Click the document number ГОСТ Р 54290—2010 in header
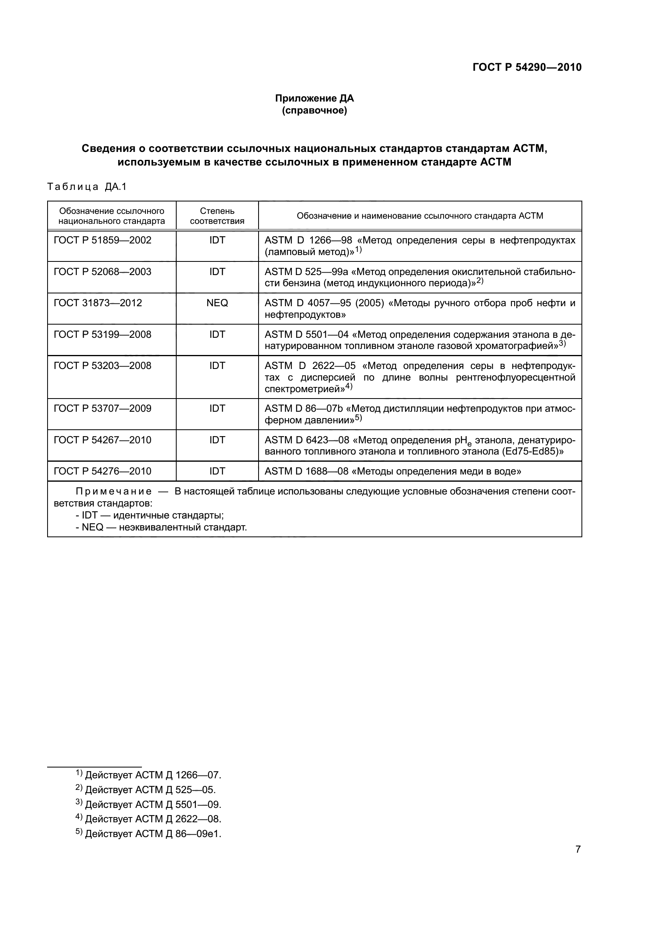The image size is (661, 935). tap(527, 67)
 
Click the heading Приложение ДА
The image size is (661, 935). tap(314, 98)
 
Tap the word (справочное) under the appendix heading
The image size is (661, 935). tap(314, 110)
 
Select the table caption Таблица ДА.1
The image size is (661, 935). tap(87, 187)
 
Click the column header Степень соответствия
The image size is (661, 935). tap(217, 216)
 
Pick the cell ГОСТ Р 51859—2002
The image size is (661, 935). tap(103, 240)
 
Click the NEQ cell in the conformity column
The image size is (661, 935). tap(217, 303)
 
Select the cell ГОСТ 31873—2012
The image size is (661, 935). tap(98, 303)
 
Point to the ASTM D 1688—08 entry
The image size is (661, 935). tap(306, 471)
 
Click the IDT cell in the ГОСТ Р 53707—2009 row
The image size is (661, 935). tap(217, 409)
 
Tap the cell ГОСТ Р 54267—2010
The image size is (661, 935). tap(103, 440)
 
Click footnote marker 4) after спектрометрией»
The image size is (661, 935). tap(349, 387)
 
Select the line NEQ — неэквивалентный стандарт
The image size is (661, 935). tap(161, 527)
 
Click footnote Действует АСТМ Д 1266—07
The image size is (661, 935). tap(153, 775)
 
